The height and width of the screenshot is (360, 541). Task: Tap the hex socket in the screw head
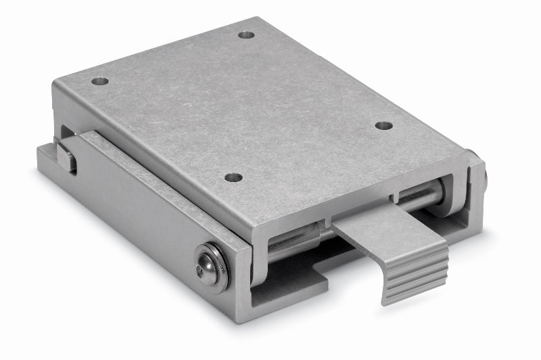click(201, 269)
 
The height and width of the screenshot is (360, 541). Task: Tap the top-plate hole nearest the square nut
click(100, 81)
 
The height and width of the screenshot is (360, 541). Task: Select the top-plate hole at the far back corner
click(247, 34)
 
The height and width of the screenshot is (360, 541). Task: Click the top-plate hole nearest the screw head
click(233, 177)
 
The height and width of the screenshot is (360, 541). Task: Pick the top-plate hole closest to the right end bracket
click(383, 126)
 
